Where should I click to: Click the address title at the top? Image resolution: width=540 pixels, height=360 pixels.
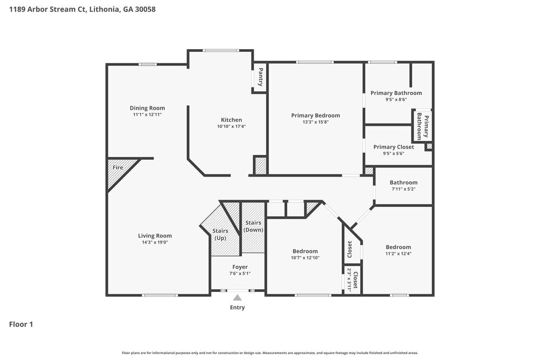coord(83,9)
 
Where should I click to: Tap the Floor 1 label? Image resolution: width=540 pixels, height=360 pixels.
coord(21,324)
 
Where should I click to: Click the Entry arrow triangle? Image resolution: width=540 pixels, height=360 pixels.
coord(237,297)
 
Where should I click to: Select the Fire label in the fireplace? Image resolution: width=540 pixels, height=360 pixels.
coord(118,168)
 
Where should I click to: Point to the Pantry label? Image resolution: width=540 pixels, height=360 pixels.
coord(260,77)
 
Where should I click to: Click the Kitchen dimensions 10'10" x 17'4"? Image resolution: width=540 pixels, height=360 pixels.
coord(231,126)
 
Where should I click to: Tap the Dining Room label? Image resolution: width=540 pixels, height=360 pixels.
coord(147,108)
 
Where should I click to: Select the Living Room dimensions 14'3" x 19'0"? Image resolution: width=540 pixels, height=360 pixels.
coord(154,242)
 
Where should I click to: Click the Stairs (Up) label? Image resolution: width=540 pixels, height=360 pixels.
coord(220,234)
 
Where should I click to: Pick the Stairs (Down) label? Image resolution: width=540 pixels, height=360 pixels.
coord(253,226)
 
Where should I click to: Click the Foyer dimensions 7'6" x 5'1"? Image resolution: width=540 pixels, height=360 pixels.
coord(240,274)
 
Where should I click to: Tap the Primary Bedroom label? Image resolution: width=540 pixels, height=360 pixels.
coord(315,116)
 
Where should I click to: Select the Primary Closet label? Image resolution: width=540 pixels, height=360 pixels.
coord(393,147)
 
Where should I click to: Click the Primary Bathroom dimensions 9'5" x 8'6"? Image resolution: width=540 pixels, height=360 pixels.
coord(396,99)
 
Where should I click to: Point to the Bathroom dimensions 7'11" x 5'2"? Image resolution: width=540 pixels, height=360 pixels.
coord(403,189)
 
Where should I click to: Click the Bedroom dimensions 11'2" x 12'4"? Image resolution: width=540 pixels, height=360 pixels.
coord(398,254)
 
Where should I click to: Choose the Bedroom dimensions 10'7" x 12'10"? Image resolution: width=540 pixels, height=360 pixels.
coord(305,257)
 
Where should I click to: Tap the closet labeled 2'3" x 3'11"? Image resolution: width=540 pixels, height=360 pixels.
coord(352,279)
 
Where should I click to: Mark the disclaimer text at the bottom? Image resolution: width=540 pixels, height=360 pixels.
coord(269,352)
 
